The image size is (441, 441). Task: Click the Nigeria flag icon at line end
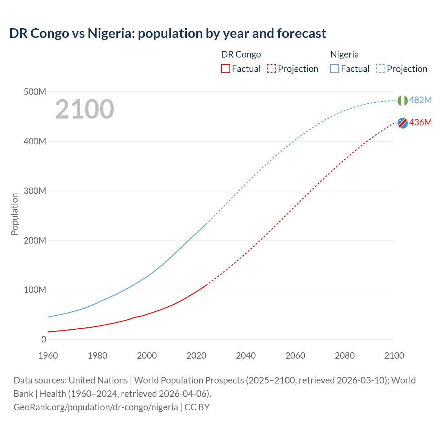[x=402, y=101]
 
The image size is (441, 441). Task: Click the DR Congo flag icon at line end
[x=402, y=123]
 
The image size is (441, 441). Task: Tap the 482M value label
[x=420, y=100]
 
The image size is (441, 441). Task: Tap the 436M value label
[x=420, y=122]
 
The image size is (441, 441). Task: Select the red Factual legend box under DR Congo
[x=225, y=69]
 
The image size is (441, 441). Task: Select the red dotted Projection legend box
[x=271, y=69]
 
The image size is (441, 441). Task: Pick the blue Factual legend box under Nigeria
[x=334, y=69]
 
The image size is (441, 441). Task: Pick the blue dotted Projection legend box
[x=380, y=69]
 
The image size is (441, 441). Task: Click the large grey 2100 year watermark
[x=84, y=109]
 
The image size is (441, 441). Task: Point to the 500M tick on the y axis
[x=35, y=92]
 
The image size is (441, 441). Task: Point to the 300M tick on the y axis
[x=35, y=191]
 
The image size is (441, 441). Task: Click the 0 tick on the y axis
[x=44, y=339]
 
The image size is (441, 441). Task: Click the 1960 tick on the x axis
[x=48, y=356]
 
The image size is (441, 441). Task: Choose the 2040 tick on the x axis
[x=246, y=356]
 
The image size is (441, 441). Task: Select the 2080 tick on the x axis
[x=345, y=356]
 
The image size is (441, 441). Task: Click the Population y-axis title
[x=14, y=214]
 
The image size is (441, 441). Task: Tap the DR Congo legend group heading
[x=241, y=54]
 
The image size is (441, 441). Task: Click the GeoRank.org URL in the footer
[x=95, y=407]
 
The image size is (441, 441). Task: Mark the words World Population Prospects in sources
[x=189, y=380]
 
